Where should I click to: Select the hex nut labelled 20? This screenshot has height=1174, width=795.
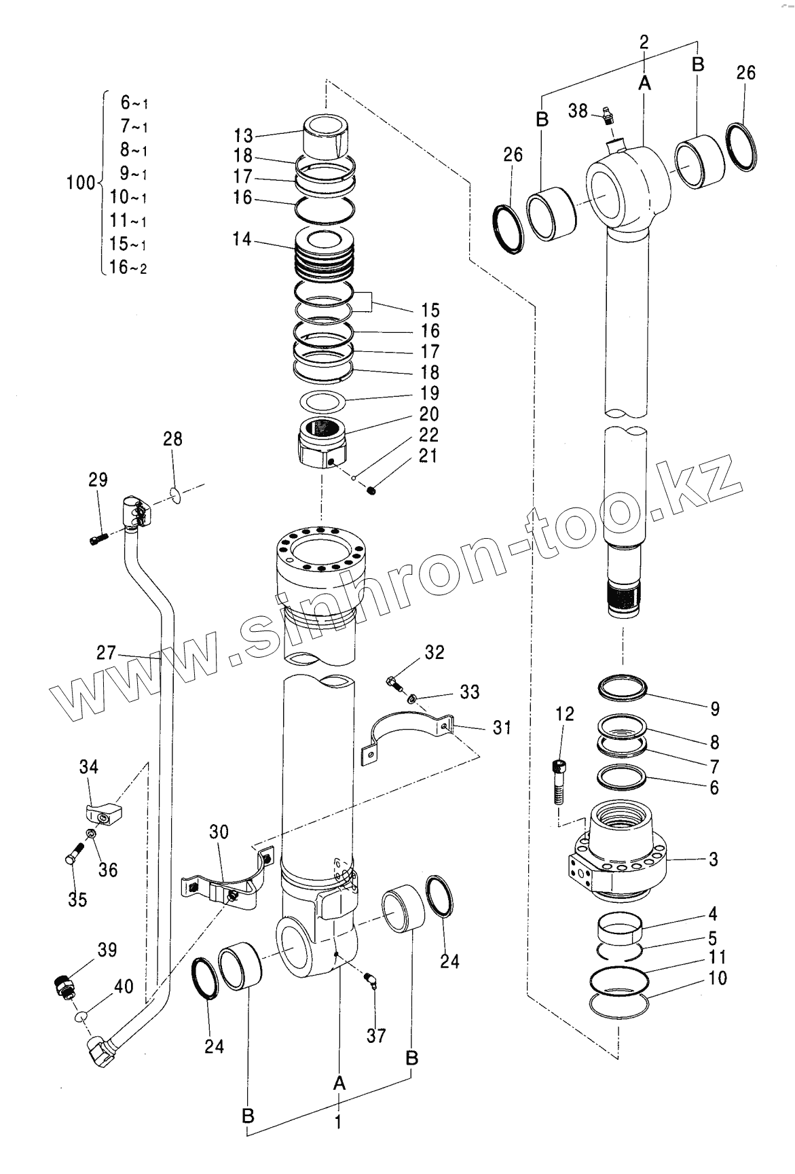[322, 444]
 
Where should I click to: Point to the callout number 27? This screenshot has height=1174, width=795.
[106, 654]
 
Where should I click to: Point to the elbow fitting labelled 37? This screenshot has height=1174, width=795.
[371, 980]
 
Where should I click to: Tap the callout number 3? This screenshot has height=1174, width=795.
[713, 859]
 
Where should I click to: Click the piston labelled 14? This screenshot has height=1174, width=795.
[324, 255]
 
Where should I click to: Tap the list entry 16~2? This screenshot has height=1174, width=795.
[128, 268]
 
